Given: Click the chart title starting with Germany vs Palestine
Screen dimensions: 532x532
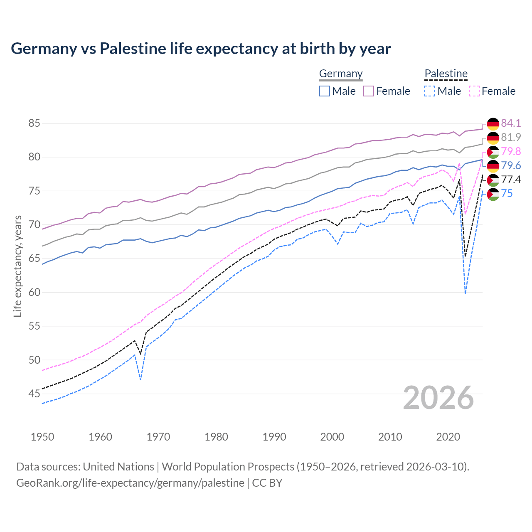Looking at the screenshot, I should click(201, 49).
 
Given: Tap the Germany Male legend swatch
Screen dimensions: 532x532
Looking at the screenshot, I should click(325, 91).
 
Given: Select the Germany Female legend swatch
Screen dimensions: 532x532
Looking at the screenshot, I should click(369, 91).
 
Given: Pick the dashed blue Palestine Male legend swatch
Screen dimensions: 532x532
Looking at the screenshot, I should click(430, 91).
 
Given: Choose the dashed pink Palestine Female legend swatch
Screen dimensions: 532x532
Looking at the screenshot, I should click(474, 91).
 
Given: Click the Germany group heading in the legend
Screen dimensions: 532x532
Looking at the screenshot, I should click(341, 74).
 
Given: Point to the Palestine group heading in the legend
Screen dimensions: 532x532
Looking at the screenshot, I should click(446, 74).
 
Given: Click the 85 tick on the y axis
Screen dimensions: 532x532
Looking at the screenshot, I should click(34, 123).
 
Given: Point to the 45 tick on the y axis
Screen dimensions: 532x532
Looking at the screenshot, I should click(34, 394).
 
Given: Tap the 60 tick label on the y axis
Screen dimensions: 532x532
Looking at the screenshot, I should click(34, 292).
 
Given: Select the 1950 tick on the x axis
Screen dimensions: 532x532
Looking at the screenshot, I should click(42, 437).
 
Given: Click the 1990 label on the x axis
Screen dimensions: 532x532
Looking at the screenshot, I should click(274, 437).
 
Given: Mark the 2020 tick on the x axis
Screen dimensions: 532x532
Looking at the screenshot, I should click(448, 437).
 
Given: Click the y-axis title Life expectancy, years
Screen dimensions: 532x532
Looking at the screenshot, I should click(17, 266).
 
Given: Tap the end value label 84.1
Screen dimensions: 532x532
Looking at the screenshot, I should click(511, 123).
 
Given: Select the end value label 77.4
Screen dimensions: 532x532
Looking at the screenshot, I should click(511, 180).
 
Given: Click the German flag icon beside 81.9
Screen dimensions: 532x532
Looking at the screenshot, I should click(493, 138).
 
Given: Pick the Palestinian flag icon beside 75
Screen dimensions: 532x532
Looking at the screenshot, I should click(493, 194).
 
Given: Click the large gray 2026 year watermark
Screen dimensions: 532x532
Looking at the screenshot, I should click(438, 398).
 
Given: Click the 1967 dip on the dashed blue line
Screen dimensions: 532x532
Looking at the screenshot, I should click(141, 379).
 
